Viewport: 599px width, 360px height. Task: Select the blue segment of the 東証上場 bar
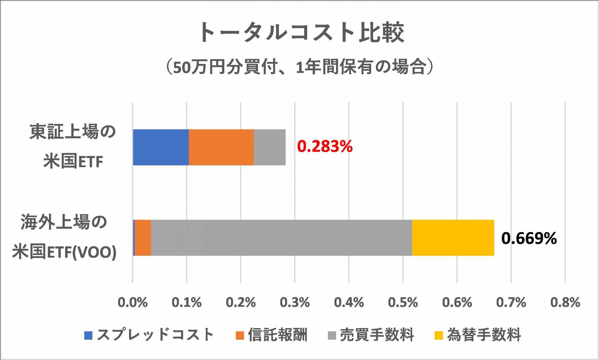(x=161, y=147)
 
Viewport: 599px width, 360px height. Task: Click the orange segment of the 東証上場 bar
(x=221, y=147)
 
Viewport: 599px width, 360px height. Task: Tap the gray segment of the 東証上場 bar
(x=270, y=147)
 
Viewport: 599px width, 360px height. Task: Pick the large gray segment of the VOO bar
(x=282, y=238)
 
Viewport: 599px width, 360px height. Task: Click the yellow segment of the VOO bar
(x=453, y=238)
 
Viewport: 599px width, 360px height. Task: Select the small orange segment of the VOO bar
(x=143, y=238)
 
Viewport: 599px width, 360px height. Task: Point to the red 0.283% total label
(x=324, y=146)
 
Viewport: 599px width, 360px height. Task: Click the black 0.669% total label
(x=529, y=238)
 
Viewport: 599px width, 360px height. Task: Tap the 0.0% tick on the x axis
(x=132, y=302)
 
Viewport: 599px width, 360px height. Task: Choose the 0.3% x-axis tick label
(x=295, y=302)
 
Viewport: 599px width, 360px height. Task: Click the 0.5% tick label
(x=403, y=302)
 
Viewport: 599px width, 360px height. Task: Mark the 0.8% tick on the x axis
(x=565, y=302)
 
